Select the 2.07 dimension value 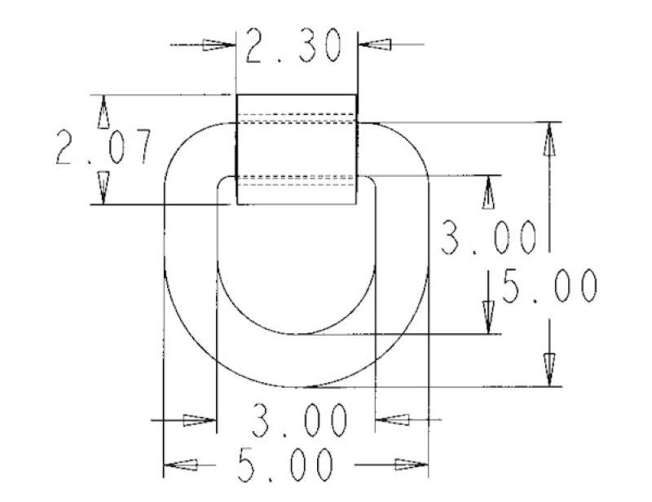point(104,148)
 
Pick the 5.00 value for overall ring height point(550,287)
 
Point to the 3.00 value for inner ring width point(298,421)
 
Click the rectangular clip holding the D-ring point(297,149)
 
